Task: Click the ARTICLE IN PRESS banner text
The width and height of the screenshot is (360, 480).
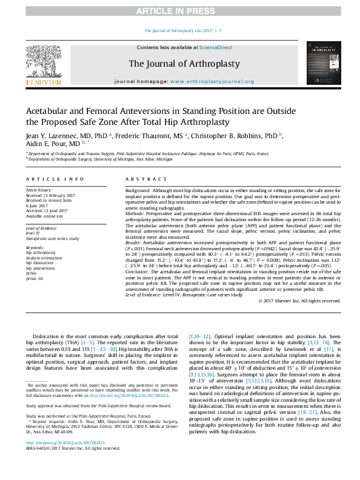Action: click(x=180, y=10)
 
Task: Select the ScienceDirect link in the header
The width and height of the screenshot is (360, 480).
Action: click(x=216, y=47)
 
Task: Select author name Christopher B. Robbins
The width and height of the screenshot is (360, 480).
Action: click(x=232, y=136)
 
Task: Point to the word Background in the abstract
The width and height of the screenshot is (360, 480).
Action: click(x=138, y=190)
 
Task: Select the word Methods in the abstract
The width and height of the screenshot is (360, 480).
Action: click(x=135, y=213)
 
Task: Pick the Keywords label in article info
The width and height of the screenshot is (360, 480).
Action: click(x=36, y=248)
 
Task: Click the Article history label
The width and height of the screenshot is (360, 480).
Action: click(x=39, y=190)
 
